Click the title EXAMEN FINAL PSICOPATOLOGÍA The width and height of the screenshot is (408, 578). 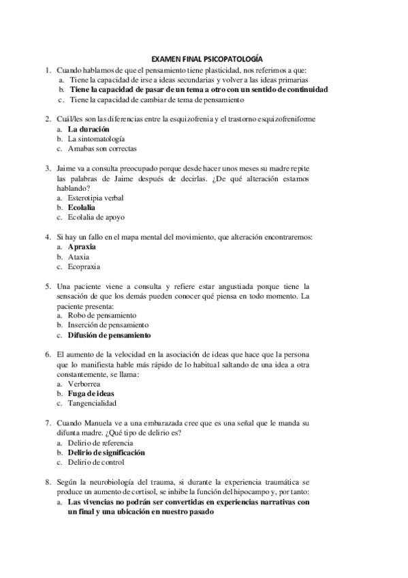point(206,59)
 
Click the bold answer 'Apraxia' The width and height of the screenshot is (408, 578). point(82,246)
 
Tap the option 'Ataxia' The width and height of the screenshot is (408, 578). point(79,257)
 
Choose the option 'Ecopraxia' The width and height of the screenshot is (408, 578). point(84,267)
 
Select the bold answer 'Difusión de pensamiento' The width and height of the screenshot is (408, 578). point(109,335)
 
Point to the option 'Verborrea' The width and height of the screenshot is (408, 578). point(84,384)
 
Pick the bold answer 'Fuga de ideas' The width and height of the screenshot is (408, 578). point(91,394)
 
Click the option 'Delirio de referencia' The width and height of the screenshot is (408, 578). point(100,443)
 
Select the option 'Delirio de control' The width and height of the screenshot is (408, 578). point(96,463)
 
